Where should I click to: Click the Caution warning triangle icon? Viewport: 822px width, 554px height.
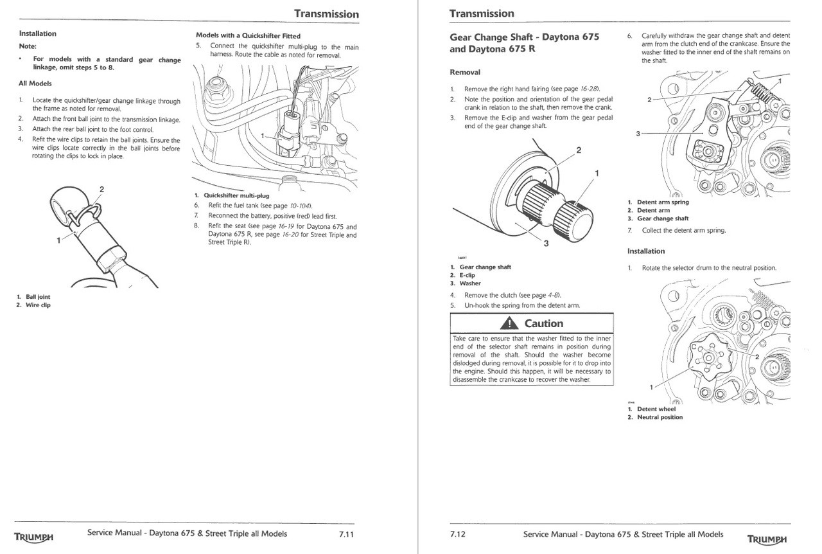[510, 323]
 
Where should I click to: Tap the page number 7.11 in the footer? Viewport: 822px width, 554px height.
[347, 534]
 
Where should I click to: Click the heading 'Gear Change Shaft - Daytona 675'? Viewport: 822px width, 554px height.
[524, 37]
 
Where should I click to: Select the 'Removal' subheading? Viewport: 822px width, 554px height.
[465, 72]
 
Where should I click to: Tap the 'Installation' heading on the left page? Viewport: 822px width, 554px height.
[37, 33]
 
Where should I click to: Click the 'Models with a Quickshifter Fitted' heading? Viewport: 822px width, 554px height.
[248, 36]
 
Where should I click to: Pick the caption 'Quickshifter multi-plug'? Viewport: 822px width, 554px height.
[236, 195]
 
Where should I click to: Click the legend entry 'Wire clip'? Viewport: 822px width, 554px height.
[38, 305]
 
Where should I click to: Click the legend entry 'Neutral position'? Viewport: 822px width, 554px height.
[660, 417]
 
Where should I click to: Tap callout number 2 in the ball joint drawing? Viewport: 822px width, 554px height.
[101, 190]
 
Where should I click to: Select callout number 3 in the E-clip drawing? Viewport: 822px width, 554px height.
[546, 244]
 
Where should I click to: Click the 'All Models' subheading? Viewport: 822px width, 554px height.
[35, 84]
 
